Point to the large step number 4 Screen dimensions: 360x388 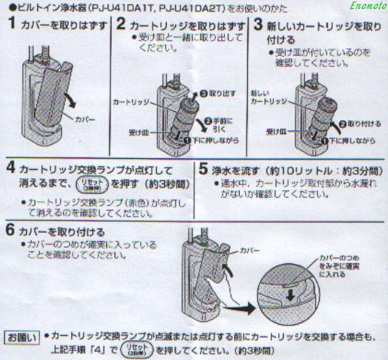[x=10, y=168]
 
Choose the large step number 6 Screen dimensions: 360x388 [x=10, y=231]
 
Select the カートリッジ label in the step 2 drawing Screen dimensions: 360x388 [x=130, y=102]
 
